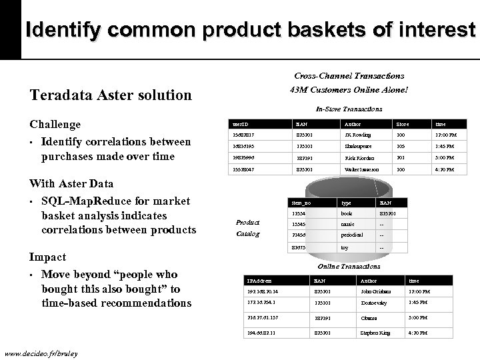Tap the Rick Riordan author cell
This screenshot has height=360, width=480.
[x=360, y=159]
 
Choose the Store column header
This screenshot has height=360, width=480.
[x=403, y=124]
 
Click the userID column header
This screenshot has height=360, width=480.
[x=239, y=124]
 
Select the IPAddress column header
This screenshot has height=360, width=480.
[x=259, y=281]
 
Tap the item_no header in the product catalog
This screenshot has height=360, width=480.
[x=301, y=202]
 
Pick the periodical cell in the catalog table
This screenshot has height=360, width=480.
[x=352, y=235]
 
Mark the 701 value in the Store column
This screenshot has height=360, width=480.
[x=401, y=159]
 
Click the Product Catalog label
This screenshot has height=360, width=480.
[x=248, y=228]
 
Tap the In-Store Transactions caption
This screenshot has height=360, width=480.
[x=349, y=109]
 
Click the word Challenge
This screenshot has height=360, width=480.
[x=55, y=125]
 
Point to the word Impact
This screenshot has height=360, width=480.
[x=47, y=257]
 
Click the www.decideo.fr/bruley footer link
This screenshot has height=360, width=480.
[x=40, y=353]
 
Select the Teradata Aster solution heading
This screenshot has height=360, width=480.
[x=111, y=95]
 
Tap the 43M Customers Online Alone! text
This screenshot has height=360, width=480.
[x=349, y=90]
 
